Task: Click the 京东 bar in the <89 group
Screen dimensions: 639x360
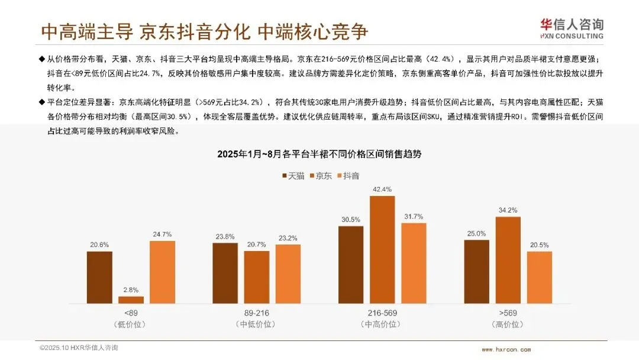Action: pyautogui.click(x=131, y=300)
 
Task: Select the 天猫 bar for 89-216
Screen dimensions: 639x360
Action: pyautogui.click(x=225, y=273)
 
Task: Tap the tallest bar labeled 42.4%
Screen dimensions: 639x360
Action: pyautogui.click(x=382, y=249)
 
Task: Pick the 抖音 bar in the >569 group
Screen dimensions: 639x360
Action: pyautogui.click(x=540, y=277)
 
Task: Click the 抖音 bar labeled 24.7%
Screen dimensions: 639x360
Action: pyautogui.click(x=162, y=272)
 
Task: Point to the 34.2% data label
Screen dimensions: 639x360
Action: pyautogui.click(x=508, y=210)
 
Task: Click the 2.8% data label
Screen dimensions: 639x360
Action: pyautogui.click(x=131, y=290)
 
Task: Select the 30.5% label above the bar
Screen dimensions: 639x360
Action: pyautogui.click(x=351, y=219)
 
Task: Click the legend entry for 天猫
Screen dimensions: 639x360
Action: pyautogui.click(x=293, y=176)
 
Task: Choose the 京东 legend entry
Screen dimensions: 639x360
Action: pyautogui.click(x=321, y=176)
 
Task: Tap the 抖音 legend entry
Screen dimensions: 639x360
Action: pyautogui.click(x=348, y=176)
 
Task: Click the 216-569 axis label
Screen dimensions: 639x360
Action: pyautogui.click(x=382, y=313)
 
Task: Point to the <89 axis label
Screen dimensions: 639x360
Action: pyautogui.click(x=131, y=313)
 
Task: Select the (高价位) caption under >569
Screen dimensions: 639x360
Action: pyautogui.click(x=508, y=324)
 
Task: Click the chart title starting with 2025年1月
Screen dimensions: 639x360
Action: pyautogui.click(x=319, y=154)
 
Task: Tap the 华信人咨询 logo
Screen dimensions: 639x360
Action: pyautogui.click(x=572, y=29)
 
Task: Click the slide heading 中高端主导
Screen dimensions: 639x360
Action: pyautogui.click(x=87, y=31)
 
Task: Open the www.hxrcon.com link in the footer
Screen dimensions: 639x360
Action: pyautogui.click(x=506, y=349)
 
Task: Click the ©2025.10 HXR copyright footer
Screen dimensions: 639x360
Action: pyautogui.click(x=79, y=348)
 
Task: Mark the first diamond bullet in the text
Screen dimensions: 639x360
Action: pyautogui.click(x=42, y=59)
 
